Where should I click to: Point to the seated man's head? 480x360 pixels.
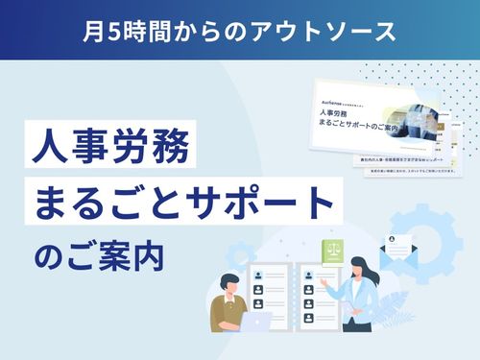tap(232, 283)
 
